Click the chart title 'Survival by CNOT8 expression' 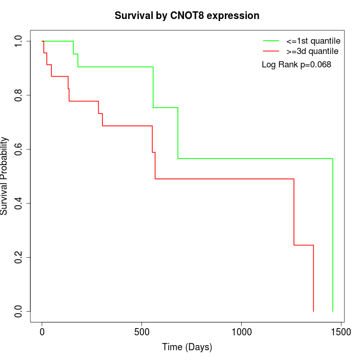187,16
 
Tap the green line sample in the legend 271,40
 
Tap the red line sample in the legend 271,51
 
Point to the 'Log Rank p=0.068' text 296,64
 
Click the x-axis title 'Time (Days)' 187,347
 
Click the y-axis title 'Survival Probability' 5,176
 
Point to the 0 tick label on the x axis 42,332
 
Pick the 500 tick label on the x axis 142,332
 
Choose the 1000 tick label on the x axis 242,332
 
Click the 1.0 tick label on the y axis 19,41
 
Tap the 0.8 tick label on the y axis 19,95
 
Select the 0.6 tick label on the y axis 19,149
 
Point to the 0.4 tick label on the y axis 19,203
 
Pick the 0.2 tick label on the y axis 19,257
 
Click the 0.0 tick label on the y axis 19,311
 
